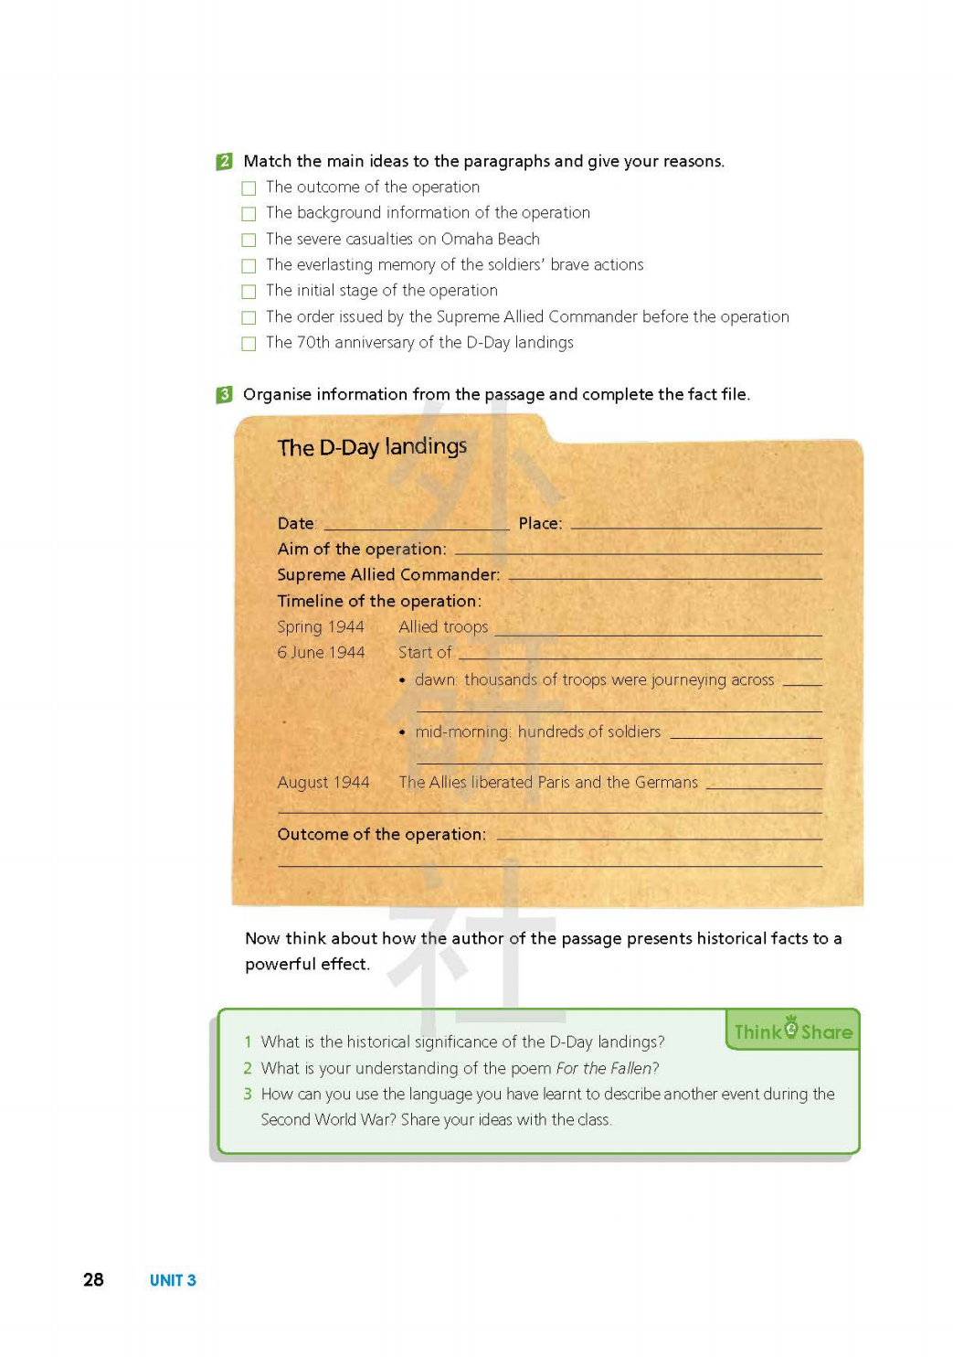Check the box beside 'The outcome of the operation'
249,188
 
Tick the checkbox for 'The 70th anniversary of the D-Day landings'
249,344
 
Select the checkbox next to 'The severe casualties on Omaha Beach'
249,240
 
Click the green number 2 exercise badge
225,162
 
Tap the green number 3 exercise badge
225,395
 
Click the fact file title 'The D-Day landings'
372,447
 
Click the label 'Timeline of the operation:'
379,602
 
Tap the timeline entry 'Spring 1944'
321,627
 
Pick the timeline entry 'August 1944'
323,783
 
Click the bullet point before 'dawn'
402,680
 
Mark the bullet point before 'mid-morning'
402,732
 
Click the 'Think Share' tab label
793,1031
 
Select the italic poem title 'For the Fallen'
607,1068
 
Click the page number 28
93,1280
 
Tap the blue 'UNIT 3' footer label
173,1280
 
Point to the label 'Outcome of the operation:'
382,835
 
